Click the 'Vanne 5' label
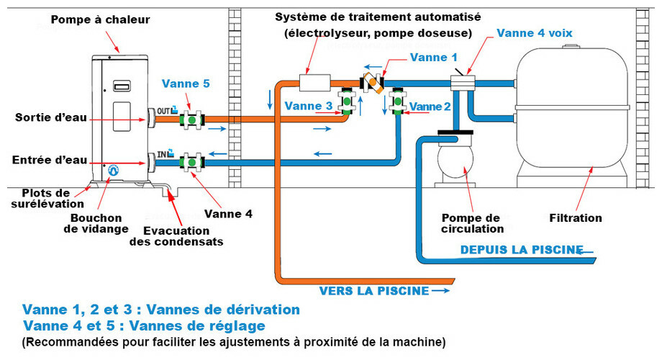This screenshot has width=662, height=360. (x=186, y=84)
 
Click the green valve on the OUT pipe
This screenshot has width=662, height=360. (x=192, y=119)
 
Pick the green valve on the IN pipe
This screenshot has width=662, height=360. (x=192, y=161)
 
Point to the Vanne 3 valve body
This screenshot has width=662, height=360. (x=348, y=103)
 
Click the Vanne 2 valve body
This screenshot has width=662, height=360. (x=396, y=102)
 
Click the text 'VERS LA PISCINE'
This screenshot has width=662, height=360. (x=374, y=291)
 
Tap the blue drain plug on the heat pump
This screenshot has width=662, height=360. (x=113, y=171)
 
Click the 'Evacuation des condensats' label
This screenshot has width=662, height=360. (x=176, y=236)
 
